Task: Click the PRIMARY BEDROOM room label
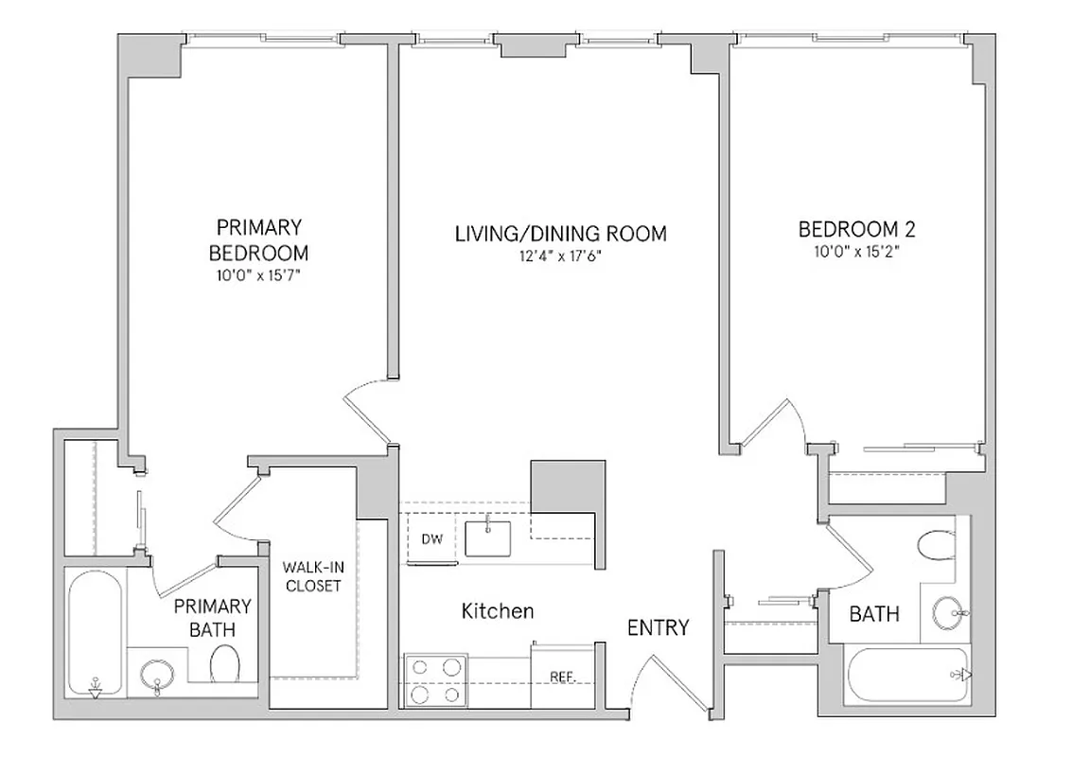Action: point(258,240)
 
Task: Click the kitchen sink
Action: point(487,537)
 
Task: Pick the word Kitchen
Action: point(497,611)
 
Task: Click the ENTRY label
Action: point(659,627)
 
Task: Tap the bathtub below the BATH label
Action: point(905,675)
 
